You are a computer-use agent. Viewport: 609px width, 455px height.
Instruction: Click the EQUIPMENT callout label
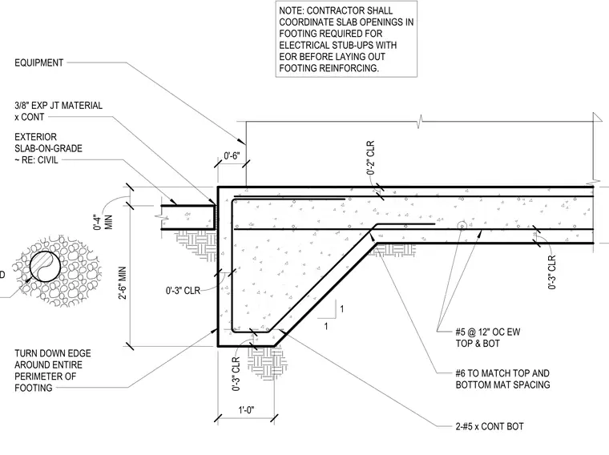[38, 62]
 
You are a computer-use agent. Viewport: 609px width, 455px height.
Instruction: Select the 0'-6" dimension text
[232, 156]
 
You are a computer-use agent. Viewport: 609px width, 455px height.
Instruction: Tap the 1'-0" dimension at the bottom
[246, 409]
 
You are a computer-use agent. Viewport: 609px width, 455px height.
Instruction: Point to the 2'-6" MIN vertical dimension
[123, 283]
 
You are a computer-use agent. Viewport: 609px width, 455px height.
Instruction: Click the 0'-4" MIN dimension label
[103, 222]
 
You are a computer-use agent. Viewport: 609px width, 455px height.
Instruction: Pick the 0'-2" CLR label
[370, 157]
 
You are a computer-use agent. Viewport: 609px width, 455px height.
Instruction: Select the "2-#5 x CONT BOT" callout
[490, 426]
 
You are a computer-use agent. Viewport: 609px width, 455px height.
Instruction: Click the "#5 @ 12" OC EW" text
[488, 332]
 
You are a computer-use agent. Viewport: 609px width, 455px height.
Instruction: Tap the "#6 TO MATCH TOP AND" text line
[502, 373]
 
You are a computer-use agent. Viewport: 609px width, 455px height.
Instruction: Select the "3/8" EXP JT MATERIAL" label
[58, 105]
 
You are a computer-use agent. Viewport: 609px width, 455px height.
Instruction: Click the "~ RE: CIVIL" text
[36, 160]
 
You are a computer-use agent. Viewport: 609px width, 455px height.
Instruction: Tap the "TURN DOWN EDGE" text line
[52, 353]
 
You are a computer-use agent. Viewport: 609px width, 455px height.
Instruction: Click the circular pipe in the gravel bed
[45, 266]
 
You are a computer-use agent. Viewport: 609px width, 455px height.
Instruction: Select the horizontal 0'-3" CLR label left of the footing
[183, 291]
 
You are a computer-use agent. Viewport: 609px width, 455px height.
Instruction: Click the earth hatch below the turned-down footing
[266, 362]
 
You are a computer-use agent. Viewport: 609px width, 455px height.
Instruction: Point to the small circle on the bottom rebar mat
[462, 225]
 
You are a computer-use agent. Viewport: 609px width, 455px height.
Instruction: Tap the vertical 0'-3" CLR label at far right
[552, 272]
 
